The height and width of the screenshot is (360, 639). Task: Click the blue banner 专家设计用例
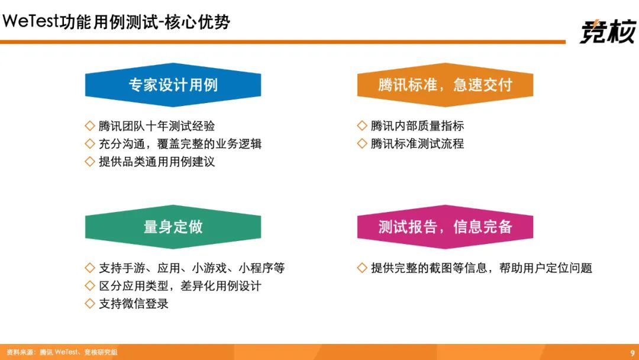[x=173, y=85]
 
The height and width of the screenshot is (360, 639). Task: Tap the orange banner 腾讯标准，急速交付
[x=445, y=85]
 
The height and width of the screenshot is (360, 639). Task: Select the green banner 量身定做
[x=173, y=227]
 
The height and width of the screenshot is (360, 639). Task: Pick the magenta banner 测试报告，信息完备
[x=445, y=227]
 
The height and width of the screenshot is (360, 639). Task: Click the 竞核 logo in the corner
[x=608, y=31]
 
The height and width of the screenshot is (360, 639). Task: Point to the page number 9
[x=632, y=353]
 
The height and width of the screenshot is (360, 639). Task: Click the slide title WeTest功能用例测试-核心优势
[x=116, y=21]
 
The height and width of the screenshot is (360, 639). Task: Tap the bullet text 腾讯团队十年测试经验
[x=156, y=126]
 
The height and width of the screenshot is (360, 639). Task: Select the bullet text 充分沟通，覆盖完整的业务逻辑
[x=180, y=144]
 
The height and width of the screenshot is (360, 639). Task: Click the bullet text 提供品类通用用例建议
[x=156, y=162]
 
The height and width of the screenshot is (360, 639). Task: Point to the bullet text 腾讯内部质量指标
[x=417, y=126]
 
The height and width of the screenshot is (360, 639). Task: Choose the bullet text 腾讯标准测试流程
[x=417, y=144]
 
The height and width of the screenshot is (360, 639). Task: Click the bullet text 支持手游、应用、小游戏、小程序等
[x=192, y=268]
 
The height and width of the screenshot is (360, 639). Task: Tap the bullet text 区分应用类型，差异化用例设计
[x=180, y=286]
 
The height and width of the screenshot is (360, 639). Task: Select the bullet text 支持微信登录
[x=134, y=304]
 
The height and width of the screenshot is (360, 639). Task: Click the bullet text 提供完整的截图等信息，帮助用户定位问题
[x=481, y=268]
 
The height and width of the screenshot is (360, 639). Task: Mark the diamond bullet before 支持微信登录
[x=90, y=303]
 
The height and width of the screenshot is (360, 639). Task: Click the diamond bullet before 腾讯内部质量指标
[x=362, y=126]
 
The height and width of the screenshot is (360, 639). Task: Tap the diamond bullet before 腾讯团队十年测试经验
[x=90, y=126]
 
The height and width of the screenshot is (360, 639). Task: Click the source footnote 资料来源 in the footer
[x=62, y=352]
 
